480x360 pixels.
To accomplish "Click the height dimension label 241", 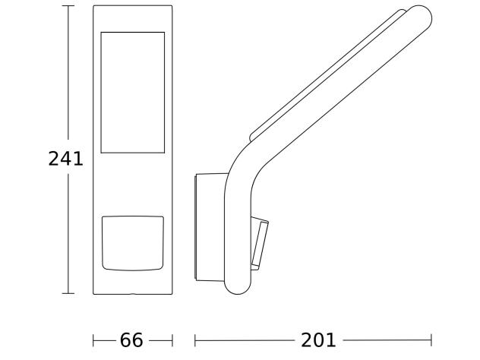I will pos(65,159).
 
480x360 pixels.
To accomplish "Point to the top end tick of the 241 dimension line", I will pos(68,5).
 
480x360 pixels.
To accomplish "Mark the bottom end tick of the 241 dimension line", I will pos(68,293).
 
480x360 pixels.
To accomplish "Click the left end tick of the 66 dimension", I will pos(93,340).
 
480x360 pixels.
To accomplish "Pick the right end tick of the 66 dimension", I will pos(173,340).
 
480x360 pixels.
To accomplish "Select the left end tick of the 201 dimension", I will pos(196,340).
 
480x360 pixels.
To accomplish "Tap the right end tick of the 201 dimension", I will pos(431,340).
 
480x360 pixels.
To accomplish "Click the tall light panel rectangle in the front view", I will pos(133,92).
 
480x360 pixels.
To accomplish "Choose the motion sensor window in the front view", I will pos(133,243).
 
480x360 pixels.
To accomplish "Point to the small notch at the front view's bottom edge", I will pos(133,292).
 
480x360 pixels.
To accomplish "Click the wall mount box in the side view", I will pos(210,228).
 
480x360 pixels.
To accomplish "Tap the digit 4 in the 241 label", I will pos(65,159).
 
